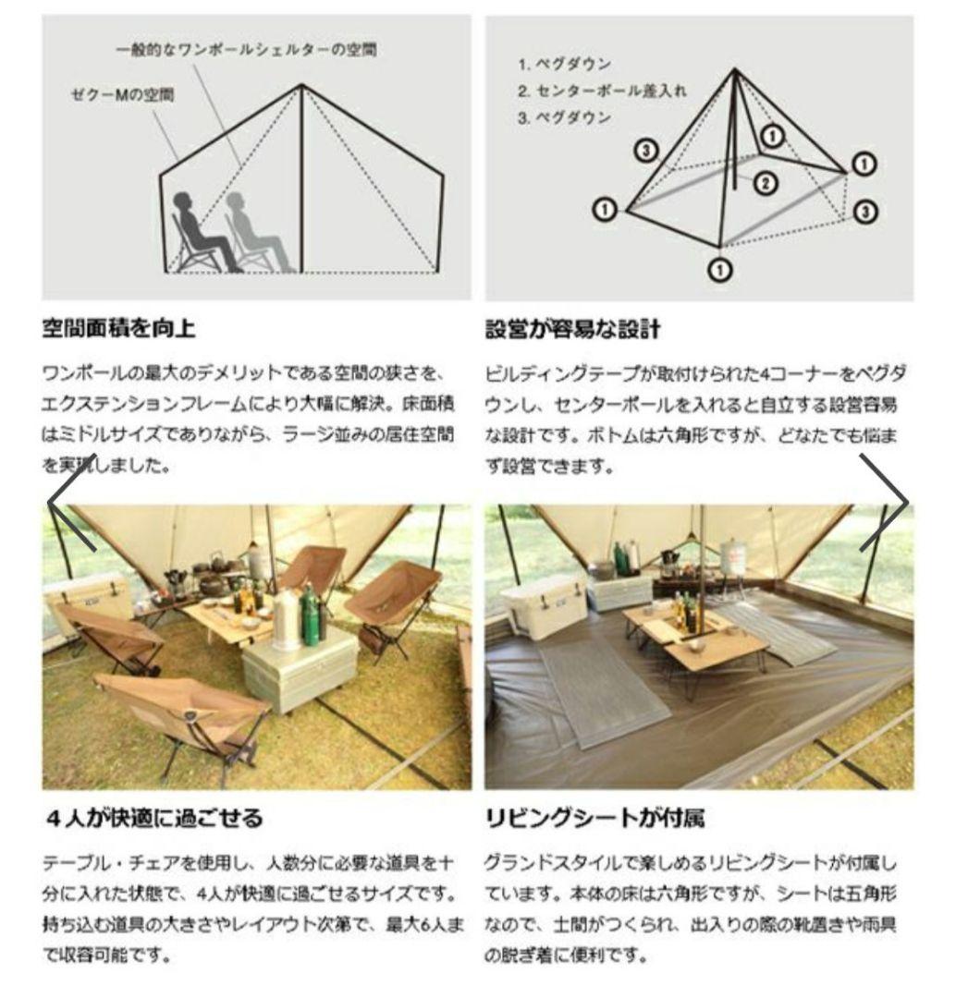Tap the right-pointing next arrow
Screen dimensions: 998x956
coord(885,503)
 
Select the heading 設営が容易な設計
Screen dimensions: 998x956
coord(573,329)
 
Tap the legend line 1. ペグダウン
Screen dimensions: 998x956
coord(564,66)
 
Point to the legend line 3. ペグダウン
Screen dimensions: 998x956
coord(564,117)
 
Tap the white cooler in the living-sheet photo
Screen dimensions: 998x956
coord(543,605)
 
